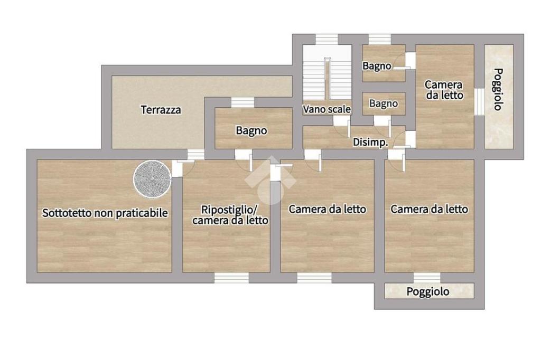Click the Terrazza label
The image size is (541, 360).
coord(161,110)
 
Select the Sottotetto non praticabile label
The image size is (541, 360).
coord(105,213)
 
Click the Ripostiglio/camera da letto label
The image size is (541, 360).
coord(230,215)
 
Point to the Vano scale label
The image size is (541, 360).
coord(327,109)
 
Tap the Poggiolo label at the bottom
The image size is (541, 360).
coord(428,292)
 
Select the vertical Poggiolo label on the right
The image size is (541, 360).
coord(498,89)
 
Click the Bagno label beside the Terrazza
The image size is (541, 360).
coord(251,131)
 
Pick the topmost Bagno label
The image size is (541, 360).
coord(377,66)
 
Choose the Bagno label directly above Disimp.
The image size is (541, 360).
coord(384,103)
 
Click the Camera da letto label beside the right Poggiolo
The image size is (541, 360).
coord(444,90)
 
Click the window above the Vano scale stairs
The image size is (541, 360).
coord(327,39)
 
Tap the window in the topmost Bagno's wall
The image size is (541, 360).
coord(380,39)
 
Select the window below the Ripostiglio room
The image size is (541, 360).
coord(231,278)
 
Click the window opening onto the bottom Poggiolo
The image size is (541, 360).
coord(427,278)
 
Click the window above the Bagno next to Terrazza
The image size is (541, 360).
coord(242,102)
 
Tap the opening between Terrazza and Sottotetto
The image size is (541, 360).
coord(195,154)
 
